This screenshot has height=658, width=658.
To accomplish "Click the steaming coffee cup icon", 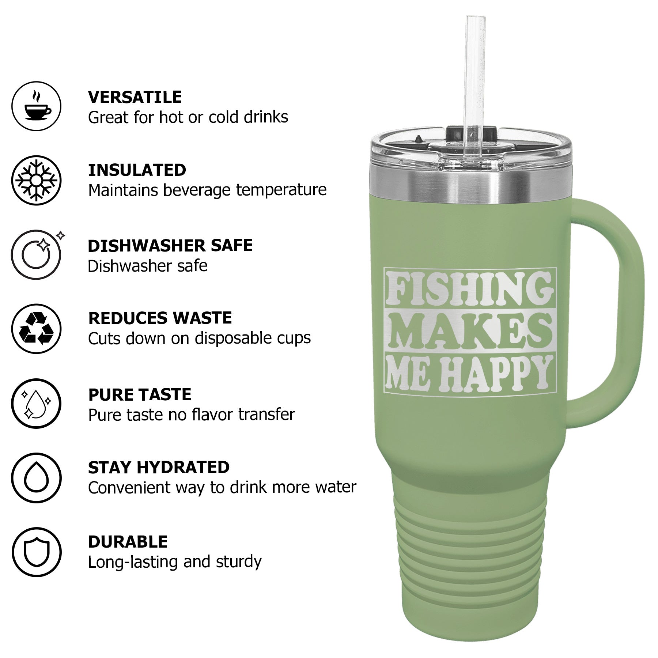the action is coord(37,106).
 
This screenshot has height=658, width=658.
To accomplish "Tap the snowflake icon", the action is coord(36,181).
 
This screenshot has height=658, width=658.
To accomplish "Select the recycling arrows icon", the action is coord(37,329).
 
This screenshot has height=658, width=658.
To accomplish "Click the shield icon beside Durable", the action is coord(37,552).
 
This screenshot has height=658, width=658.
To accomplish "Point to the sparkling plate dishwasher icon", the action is coord(37,254).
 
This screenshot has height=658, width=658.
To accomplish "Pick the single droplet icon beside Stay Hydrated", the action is coord(37,478).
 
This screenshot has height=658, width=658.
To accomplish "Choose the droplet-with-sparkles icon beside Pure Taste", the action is coord(37,403).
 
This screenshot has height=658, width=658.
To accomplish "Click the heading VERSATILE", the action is coord(135,97).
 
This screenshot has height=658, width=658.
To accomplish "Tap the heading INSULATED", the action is coord(137,170).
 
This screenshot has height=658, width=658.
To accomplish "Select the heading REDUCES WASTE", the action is coord(160,318).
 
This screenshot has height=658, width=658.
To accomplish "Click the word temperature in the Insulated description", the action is coord(281,190).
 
